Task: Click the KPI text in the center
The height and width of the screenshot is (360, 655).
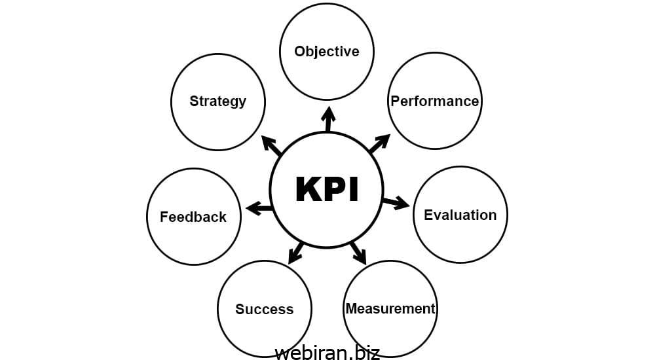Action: tap(327, 189)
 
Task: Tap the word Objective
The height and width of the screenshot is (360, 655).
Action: tap(327, 51)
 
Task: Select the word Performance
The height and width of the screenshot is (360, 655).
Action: tap(435, 101)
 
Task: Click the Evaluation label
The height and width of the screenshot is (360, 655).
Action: tap(460, 215)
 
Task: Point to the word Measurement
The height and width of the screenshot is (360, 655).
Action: tap(390, 308)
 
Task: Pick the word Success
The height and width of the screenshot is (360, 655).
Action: tap(264, 309)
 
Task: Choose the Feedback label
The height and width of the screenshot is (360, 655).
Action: tap(193, 217)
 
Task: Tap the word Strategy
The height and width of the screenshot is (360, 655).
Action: tap(218, 101)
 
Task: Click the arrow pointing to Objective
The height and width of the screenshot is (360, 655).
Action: tap(328, 120)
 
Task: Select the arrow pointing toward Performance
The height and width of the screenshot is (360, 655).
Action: tap(379, 143)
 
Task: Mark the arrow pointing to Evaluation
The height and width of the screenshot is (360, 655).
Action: tap(396, 202)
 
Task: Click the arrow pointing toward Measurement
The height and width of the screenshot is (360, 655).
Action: tap(358, 252)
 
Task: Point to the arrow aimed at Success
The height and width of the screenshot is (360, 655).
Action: tap(296, 253)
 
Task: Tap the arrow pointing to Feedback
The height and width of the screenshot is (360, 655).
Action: tap(259, 209)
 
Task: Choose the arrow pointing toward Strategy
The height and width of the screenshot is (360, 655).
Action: tap(272, 145)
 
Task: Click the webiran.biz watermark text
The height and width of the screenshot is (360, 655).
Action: tap(327, 352)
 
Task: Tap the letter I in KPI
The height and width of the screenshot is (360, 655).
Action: tap(354, 189)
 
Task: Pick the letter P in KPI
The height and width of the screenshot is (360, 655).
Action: tap(335, 189)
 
